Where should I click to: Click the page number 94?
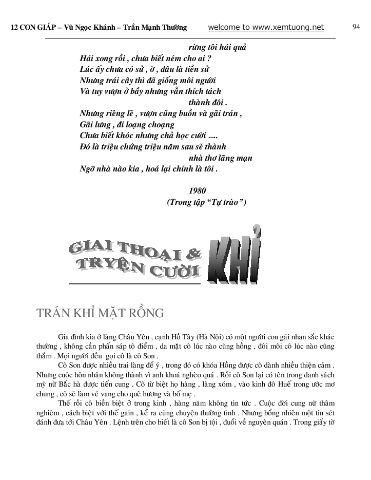coord(356,27)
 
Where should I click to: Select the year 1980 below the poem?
coord(198,190)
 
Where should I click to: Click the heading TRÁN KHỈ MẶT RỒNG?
coord(100,313)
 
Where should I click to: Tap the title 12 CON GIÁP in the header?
coord(34,28)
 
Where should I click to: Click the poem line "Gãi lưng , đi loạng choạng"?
coord(127,124)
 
